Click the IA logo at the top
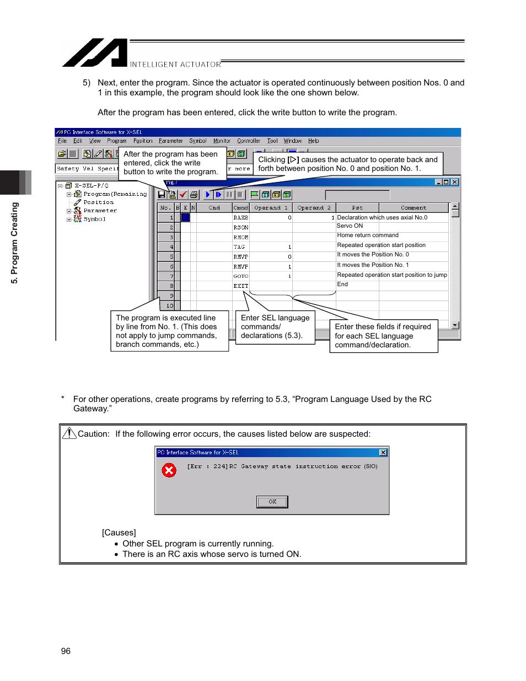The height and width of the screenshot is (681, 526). coord(95,53)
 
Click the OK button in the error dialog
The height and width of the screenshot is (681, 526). coord(272,501)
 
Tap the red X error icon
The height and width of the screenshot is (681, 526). coord(169,470)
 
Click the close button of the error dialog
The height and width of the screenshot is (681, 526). coord(383,452)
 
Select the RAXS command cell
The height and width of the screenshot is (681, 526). coord(240,218)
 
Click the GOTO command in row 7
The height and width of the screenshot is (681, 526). coord(240,276)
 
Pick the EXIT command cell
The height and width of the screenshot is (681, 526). coord(240,286)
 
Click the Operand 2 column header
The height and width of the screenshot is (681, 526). coord(314,208)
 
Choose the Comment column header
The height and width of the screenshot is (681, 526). coord(413,208)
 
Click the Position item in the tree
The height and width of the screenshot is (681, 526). coord(98,202)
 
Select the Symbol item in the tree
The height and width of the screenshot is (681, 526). coord(94,219)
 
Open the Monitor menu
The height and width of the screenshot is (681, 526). coord(222,141)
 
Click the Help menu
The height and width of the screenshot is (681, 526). coord(313,141)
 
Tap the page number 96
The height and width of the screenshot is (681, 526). coord(66,651)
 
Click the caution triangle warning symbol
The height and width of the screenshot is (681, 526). coord(69,433)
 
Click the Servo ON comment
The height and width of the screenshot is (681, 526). coord(350,226)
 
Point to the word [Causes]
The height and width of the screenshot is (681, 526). coord(119,532)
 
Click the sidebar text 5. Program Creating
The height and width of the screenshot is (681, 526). coord(15,243)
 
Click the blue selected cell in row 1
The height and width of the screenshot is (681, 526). coord(186,218)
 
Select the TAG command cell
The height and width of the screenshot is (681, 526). coord(239,247)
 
